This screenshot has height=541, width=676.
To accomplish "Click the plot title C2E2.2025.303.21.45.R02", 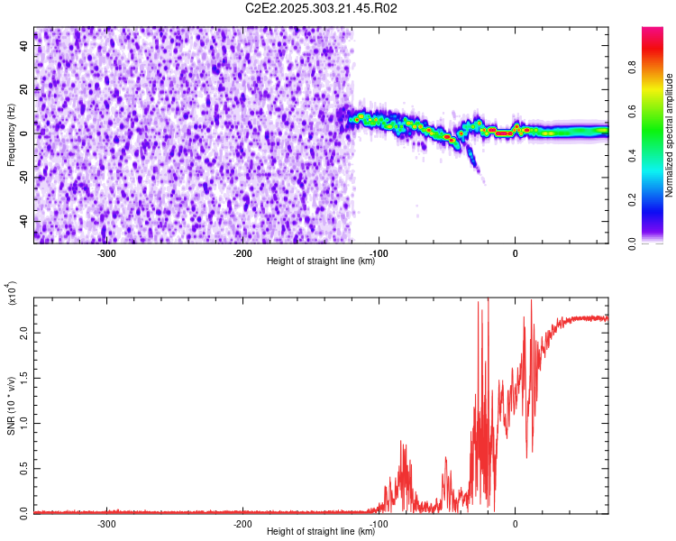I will point(322,8).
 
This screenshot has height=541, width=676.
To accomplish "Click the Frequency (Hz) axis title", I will point(11,134).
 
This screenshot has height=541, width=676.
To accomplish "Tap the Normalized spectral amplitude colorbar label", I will point(670,134).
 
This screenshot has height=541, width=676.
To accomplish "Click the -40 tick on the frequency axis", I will point(23,221).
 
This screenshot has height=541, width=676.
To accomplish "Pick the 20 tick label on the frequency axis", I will point(24,89).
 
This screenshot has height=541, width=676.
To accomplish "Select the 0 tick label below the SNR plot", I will point(515,523).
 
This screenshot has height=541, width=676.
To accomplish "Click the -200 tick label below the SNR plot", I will point(242,523).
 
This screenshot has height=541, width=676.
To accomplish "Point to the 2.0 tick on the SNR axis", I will point(23,333).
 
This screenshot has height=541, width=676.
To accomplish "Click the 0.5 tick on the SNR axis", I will point(23,467).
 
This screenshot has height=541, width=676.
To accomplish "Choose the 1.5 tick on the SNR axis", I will point(23,378).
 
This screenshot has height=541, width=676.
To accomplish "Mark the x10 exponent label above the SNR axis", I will point(13,292).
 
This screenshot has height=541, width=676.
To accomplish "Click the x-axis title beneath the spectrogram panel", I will point(322,261).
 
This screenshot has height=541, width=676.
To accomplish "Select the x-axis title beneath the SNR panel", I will point(322,532).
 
